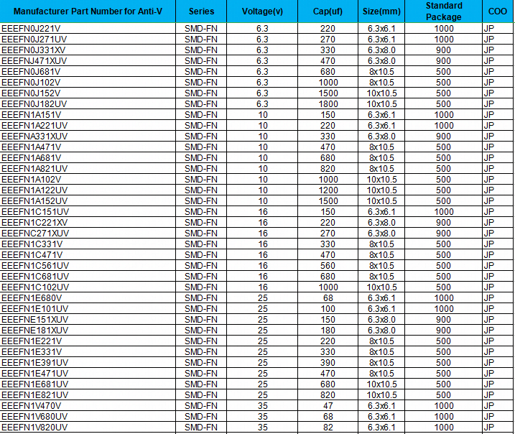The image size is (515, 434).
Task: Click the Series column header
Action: pos(201,11)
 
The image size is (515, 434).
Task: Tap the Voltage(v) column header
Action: pos(262,11)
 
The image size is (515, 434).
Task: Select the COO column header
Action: pos(498,11)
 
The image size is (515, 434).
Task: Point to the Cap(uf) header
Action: pos(327,11)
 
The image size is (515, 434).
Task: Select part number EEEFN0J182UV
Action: pos(34,103)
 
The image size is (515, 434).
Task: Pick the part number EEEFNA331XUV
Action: pos(35,136)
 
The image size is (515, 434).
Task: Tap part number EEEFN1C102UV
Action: pos(35,287)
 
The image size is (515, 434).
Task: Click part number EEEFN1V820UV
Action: pos(35,427)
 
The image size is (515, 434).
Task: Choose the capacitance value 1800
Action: pos(328,103)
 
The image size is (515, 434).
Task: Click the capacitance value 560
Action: pos(328,265)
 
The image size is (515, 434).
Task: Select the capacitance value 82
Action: pos(328,427)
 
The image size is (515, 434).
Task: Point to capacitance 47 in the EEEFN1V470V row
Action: pos(328,405)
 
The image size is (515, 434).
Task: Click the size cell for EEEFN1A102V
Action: pos(381,179)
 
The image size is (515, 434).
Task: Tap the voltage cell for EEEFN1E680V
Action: pos(262,297)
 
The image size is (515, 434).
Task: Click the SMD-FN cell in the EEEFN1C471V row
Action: pos(201,254)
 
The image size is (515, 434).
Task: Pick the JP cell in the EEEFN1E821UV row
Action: pos(489,394)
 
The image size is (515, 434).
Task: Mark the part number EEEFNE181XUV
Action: pos(35,330)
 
